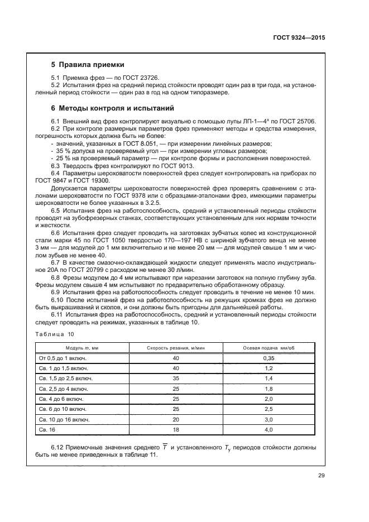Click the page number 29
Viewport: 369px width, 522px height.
321,476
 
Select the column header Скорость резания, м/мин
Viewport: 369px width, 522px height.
176,347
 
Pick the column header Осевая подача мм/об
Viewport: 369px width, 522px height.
269,347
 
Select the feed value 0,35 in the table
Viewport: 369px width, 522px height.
269,358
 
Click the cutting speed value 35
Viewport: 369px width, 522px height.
176,379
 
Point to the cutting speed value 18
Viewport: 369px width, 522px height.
176,430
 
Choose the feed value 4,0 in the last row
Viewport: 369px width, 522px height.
269,430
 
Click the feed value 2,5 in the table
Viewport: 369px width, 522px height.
269,410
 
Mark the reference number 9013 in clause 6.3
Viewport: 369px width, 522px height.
184,166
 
